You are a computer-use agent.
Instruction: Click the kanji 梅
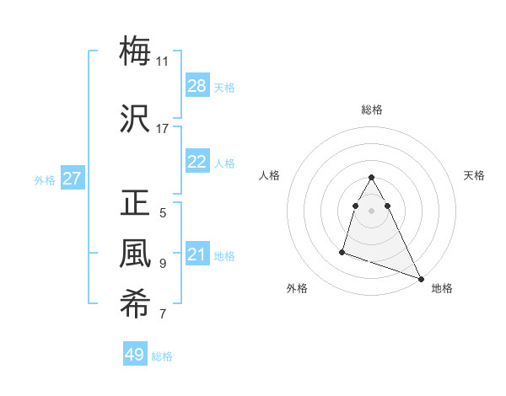pyautogui.click(x=135, y=51)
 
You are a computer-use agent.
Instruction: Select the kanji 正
pyautogui.click(x=135, y=204)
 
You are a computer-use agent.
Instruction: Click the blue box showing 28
pyautogui.click(x=197, y=85)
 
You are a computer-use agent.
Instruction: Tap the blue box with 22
pyautogui.click(x=197, y=162)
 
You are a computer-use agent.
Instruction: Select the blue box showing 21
pyautogui.click(x=197, y=254)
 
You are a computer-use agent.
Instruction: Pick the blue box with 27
pyautogui.click(x=73, y=179)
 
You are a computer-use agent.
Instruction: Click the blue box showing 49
pyautogui.click(x=135, y=355)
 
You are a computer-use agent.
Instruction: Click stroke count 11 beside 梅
pyautogui.click(x=162, y=61)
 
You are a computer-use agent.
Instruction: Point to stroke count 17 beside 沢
pyautogui.click(x=162, y=128)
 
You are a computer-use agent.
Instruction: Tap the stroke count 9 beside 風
pyautogui.click(x=162, y=263)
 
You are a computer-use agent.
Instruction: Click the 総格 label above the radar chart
pyautogui.click(x=372, y=110)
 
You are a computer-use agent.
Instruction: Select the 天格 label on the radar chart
pyautogui.click(x=474, y=175)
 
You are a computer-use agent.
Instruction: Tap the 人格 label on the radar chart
pyautogui.click(x=270, y=175)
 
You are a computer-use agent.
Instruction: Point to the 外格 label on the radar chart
pyautogui.click(x=297, y=288)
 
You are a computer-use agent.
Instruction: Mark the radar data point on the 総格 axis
pyautogui.click(x=372, y=177)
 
